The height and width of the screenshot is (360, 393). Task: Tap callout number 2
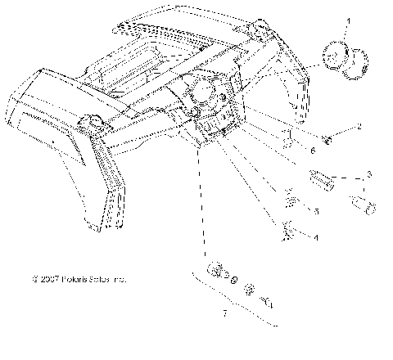[x=358, y=128]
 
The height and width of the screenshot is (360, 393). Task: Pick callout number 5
[x=317, y=210]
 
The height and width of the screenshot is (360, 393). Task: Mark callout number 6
[x=312, y=150]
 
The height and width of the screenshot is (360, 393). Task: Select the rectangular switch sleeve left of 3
[x=321, y=178]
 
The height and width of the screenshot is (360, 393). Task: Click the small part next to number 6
[x=288, y=136]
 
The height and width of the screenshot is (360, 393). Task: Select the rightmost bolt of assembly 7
[x=267, y=303]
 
